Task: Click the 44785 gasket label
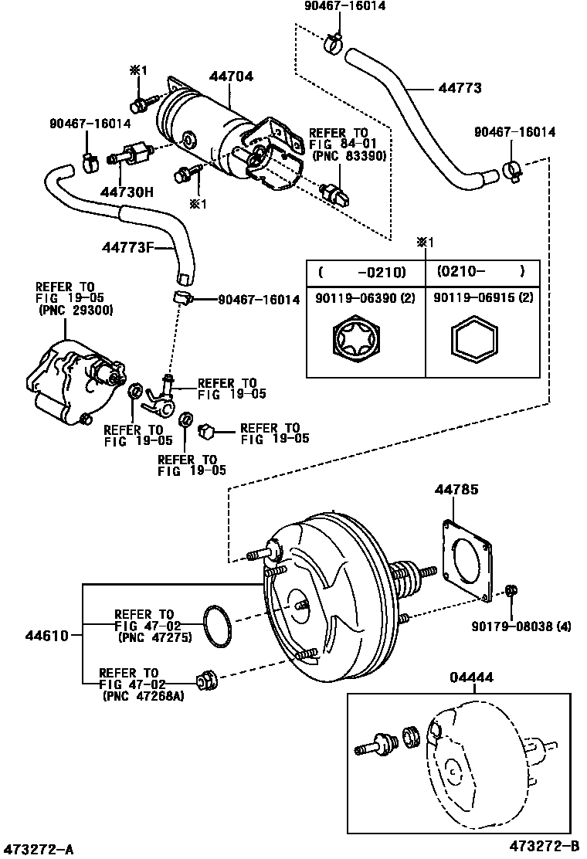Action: pyautogui.click(x=455, y=489)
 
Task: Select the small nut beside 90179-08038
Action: pyautogui.click(x=511, y=592)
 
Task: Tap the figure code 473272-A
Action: pyautogui.click(x=39, y=850)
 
